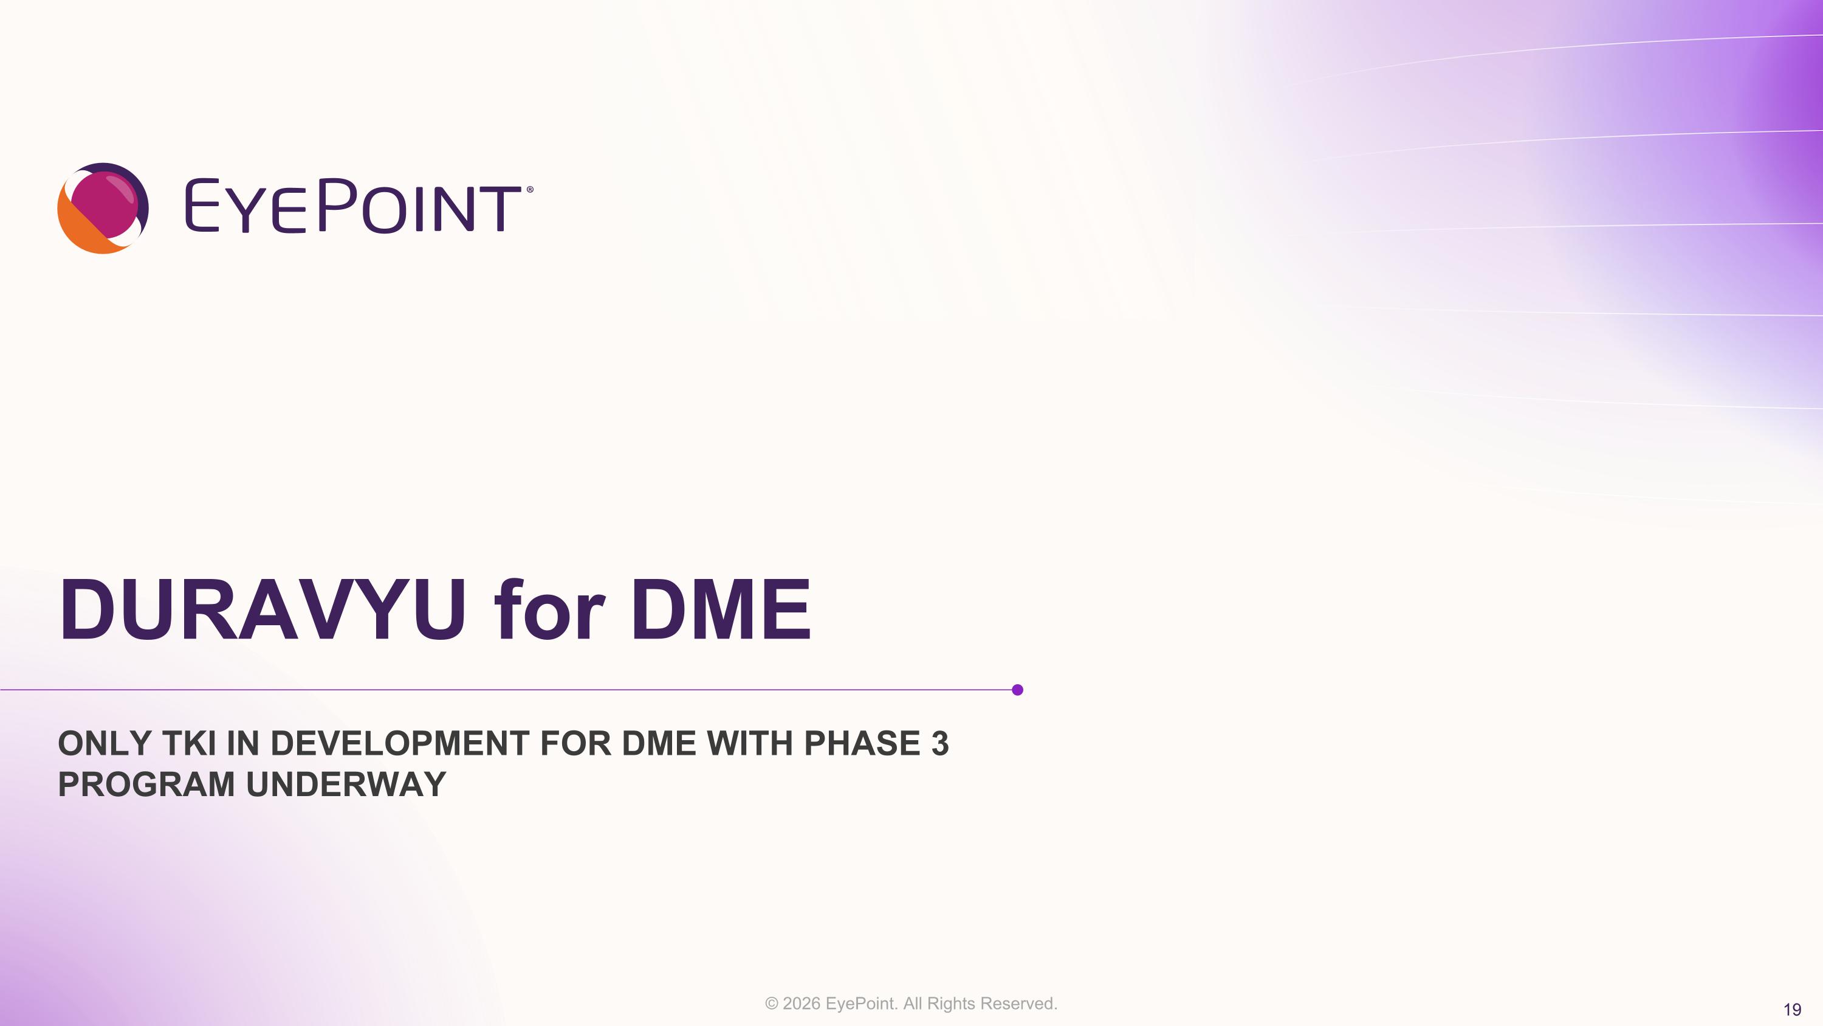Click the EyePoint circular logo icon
[103, 208]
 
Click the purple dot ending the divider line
[1018, 690]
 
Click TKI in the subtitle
[189, 743]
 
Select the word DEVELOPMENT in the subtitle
[400, 743]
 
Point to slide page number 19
[1792, 1010]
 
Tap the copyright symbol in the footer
[771, 1003]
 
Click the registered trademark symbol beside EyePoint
[530, 190]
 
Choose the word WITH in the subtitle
[749, 743]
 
